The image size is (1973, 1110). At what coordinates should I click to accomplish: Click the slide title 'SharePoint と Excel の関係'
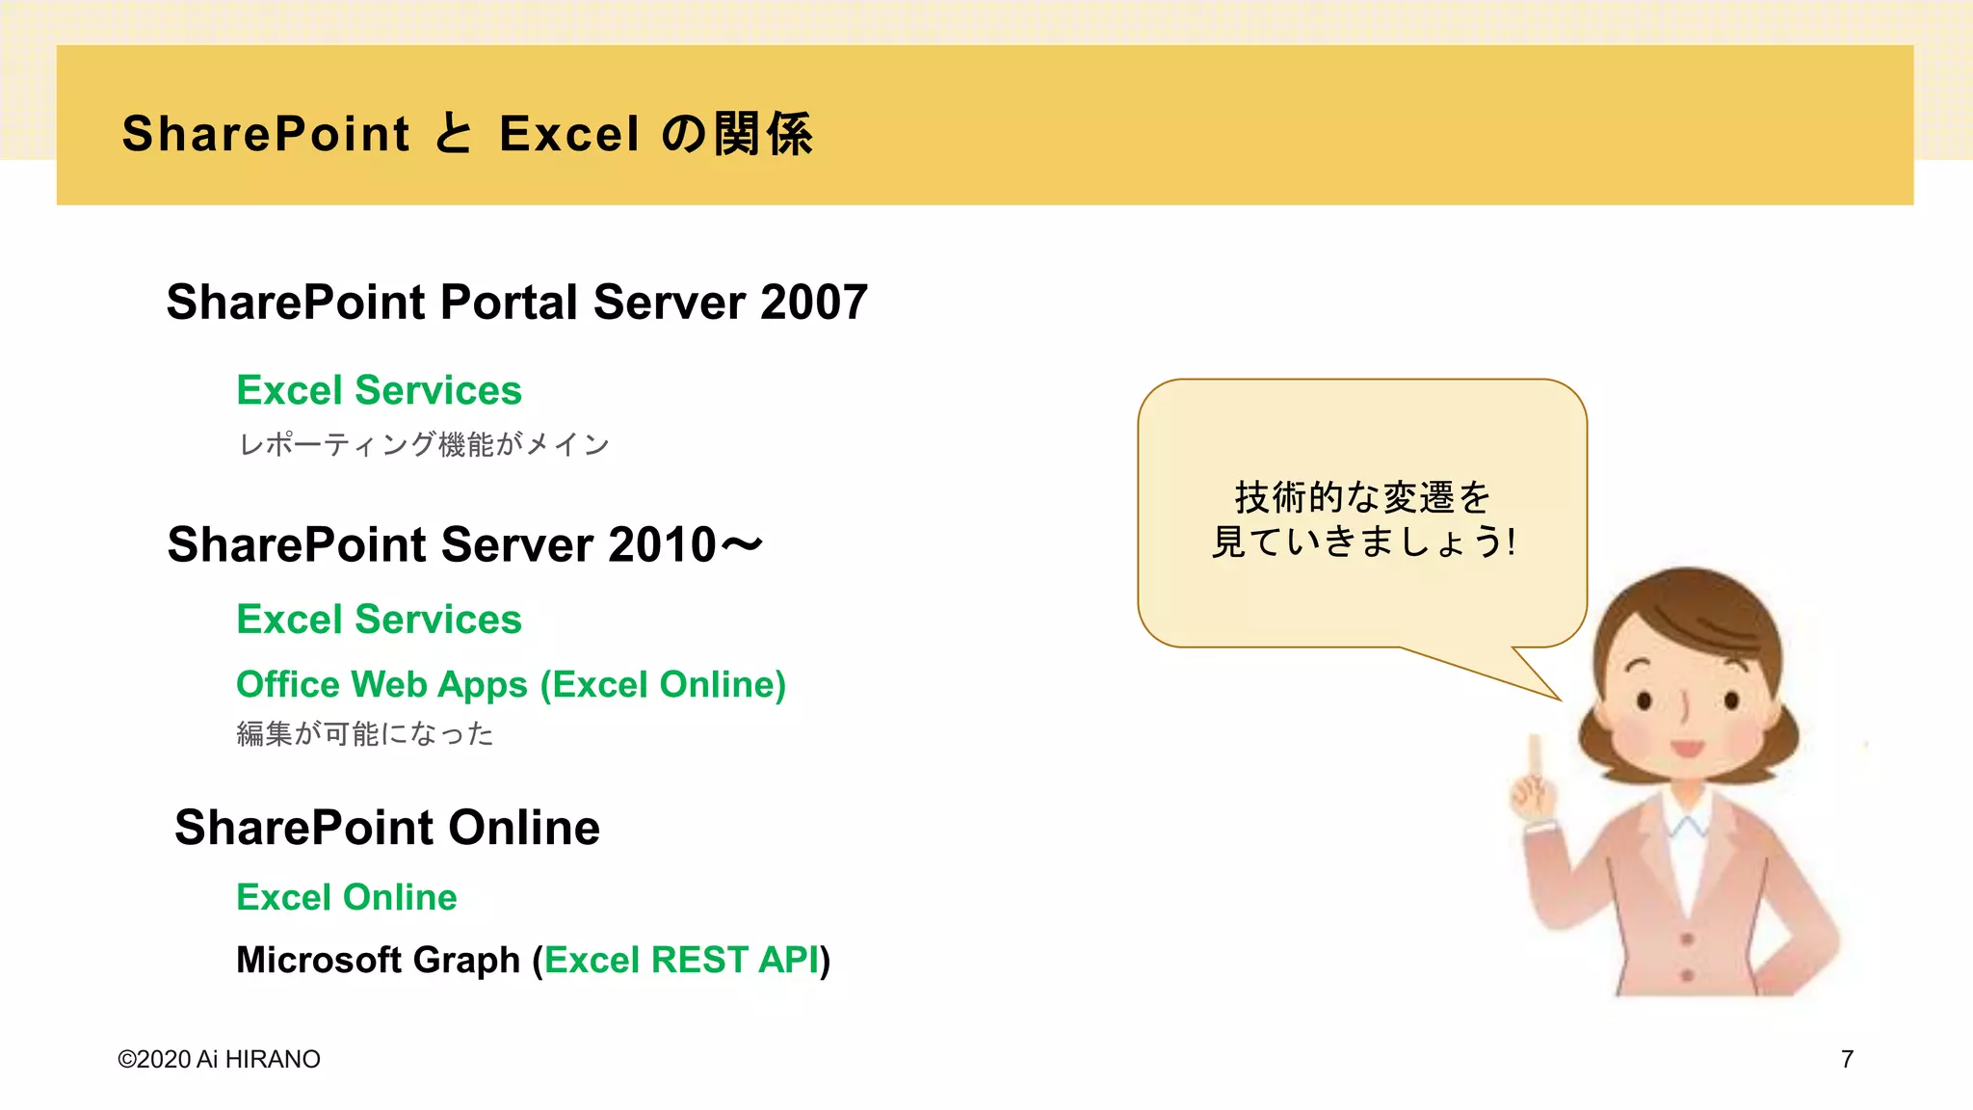click(467, 133)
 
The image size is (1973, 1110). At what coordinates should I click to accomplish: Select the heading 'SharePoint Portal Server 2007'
click(516, 302)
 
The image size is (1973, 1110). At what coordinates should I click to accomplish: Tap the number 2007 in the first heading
click(814, 302)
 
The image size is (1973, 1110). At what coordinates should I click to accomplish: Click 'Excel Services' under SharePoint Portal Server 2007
click(379, 390)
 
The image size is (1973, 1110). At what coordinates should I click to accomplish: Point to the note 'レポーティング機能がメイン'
click(424, 444)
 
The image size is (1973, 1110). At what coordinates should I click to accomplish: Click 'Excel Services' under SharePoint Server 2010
click(379, 619)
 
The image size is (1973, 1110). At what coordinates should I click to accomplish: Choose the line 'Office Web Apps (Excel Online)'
click(511, 684)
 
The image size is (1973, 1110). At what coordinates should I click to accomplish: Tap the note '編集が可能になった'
click(365, 734)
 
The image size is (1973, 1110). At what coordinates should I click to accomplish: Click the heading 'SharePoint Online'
click(386, 827)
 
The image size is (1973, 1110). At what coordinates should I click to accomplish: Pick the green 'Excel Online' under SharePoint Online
click(346, 897)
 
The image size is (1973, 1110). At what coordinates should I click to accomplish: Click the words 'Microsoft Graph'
click(378, 960)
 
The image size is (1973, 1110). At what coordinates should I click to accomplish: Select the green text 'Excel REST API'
click(681, 960)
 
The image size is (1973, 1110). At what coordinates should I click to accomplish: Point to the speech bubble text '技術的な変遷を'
click(1362, 498)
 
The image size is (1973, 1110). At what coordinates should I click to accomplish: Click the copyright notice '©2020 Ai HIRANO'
click(219, 1059)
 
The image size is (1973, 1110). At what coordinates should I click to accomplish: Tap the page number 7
click(1847, 1059)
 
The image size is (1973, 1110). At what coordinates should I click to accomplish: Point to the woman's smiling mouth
click(1687, 748)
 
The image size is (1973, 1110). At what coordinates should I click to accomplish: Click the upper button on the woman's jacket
click(1687, 938)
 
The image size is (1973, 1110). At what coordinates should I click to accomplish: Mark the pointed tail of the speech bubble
click(1551, 692)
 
